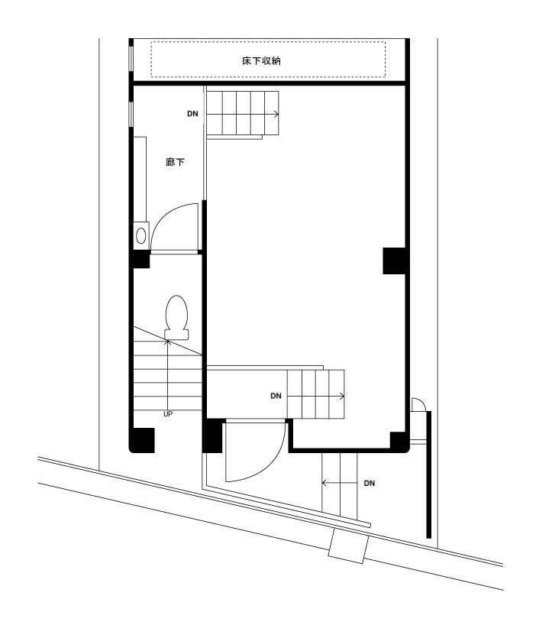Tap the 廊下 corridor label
[x=175, y=162]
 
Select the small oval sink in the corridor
[x=140, y=235]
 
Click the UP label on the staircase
[x=167, y=413]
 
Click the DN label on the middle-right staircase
[x=276, y=396]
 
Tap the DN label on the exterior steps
[x=370, y=483]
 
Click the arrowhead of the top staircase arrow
[x=278, y=114]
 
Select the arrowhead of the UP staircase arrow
[x=168, y=344]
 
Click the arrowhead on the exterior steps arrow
[x=324, y=483]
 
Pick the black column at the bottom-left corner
[x=143, y=440]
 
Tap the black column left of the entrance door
[x=212, y=436]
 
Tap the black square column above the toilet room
[x=140, y=261]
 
